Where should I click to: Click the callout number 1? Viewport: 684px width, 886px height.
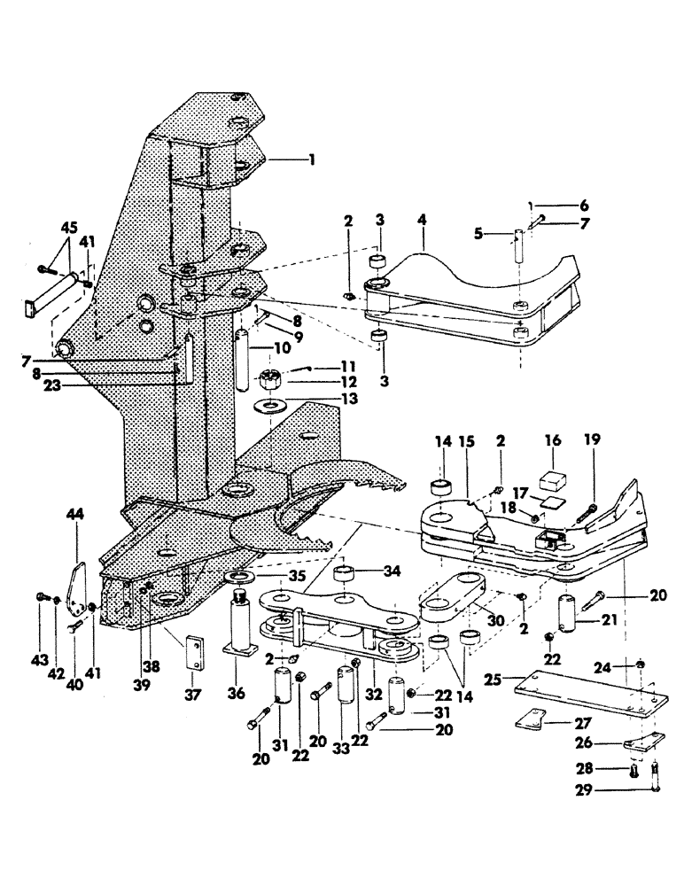[311, 160]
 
